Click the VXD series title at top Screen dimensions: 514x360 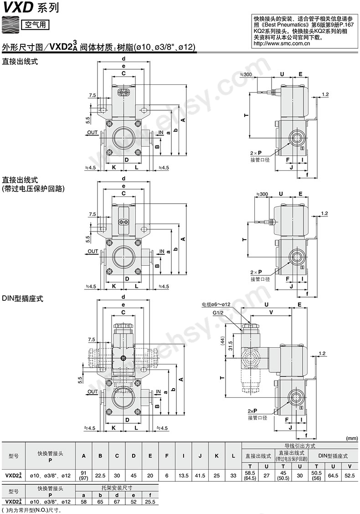coord(24,8)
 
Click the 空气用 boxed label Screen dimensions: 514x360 coord(34,24)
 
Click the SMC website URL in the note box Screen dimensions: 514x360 coord(282,43)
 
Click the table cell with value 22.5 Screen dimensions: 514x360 coord(100,475)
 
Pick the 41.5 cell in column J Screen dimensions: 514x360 coord(200,475)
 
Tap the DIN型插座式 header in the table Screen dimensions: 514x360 coord(333,456)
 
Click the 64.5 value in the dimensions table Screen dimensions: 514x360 coord(333,475)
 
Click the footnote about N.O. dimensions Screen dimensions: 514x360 coord(31,510)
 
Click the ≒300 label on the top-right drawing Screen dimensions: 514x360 coord(246,75)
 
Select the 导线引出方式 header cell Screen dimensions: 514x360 coord(300,446)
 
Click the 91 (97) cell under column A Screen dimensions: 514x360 coord(84,475)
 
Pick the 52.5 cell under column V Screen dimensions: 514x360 coord(350,475)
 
